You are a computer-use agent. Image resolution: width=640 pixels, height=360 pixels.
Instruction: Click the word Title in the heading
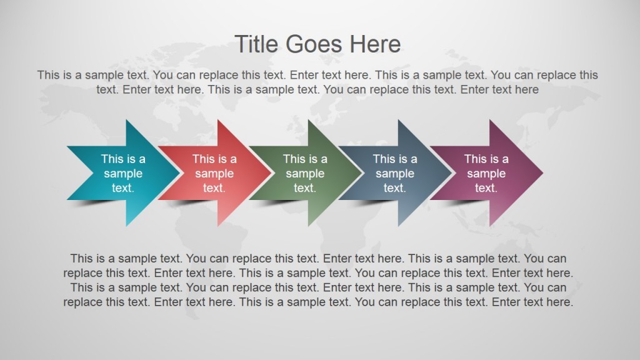[257, 44]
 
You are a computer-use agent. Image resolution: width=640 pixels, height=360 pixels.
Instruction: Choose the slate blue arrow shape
[395, 173]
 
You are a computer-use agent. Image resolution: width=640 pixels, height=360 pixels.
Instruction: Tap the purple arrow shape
[486, 173]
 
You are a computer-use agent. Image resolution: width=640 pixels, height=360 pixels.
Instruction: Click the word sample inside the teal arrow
[123, 173]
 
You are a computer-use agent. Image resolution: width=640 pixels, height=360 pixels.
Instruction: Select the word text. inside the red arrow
[214, 187]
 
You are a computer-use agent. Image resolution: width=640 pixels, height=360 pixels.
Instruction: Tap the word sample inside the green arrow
[305, 173]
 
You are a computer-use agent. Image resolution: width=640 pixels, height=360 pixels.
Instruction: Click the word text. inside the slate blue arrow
[395, 187]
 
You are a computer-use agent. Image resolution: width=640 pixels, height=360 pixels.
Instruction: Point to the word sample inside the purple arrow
[486, 173]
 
